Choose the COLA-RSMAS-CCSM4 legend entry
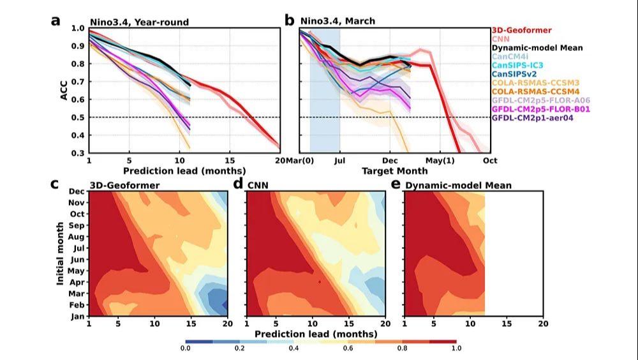click(x=534, y=91)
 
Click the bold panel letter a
click(x=56, y=20)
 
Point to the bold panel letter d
click(x=239, y=185)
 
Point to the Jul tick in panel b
click(x=339, y=160)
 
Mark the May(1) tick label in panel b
click(x=440, y=160)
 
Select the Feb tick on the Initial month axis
click(x=76, y=305)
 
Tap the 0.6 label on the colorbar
click(x=348, y=349)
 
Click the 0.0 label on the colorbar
click(x=185, y=349)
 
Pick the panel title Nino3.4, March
click(x=338, y=22)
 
